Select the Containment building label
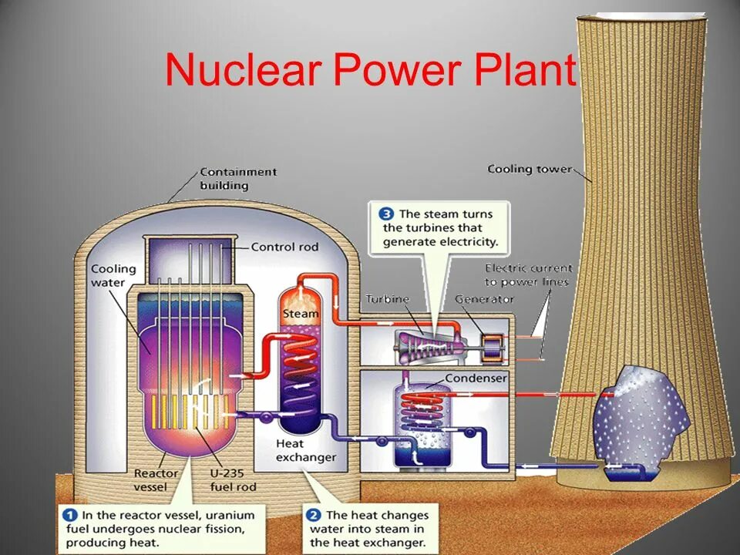[237, 179]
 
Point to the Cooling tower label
[530, 169]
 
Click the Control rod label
[284, 247]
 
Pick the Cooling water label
[113, 275]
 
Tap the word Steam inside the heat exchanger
[300, 314]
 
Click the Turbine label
[387, 299]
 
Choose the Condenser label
[476, 378]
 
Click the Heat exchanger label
[306, 450]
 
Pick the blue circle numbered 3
[385, 214]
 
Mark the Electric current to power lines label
[528, 275]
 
